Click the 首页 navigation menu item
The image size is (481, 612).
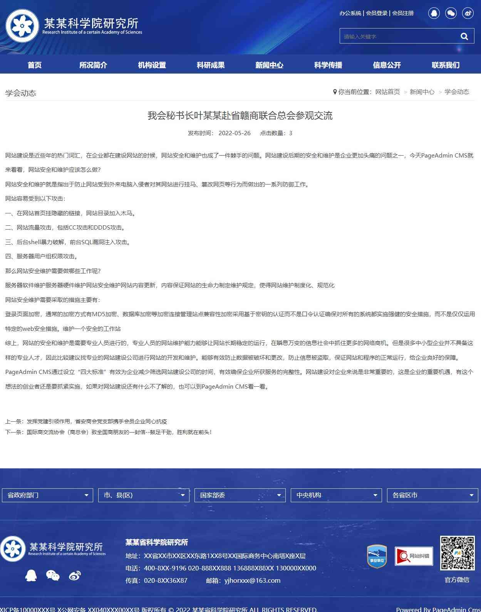click(34, 65)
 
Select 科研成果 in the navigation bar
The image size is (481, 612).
click(210, 65)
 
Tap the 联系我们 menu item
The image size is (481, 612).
click(445, 65)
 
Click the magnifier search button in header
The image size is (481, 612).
click(464, 36)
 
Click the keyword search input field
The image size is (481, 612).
click(397, 36)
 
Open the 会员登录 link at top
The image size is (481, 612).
click(376, 13)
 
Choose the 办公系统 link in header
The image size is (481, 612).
click(350, 13)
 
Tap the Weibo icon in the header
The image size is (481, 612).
click(468, 13)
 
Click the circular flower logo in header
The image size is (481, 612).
click(22, 26)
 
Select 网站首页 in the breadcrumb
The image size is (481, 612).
click(387, 92)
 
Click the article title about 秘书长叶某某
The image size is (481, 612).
click(240, 116)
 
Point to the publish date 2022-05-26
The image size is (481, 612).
click(234, 133)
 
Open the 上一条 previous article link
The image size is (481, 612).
click(97, 421)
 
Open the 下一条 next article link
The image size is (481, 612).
click(119, 432)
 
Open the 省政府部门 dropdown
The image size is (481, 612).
click(47, 495)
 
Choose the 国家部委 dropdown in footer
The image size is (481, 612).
click(240, 495)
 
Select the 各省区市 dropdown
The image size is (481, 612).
click(432, 495)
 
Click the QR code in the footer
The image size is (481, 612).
click(457, 553)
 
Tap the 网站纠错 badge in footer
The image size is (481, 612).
click(414, 556)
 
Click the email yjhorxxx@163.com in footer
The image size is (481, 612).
click(252, 580)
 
